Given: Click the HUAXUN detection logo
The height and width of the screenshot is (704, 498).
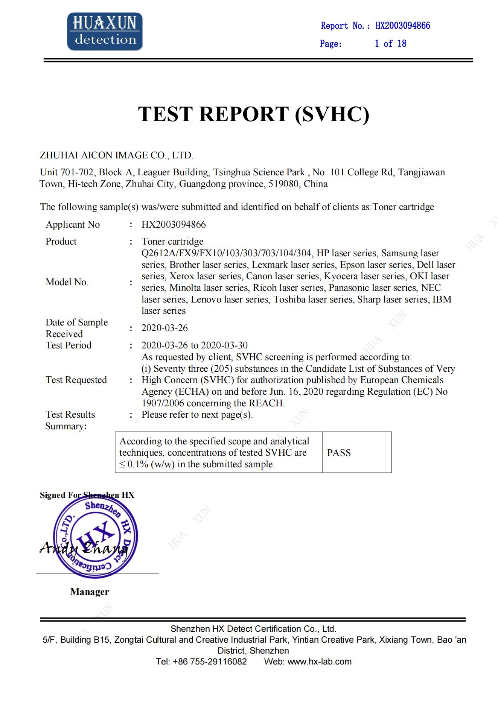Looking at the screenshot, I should click(x=105, y=32).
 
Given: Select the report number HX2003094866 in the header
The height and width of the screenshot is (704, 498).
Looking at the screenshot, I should click(x=402, y=26).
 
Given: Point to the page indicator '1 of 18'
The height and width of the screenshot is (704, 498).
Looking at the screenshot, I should click(x=390, y=44).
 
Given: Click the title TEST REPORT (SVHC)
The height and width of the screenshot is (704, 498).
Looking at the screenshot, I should click(x=254, y=114).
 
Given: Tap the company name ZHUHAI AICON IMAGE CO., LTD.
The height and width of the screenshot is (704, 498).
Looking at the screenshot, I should click(x=117, y=155).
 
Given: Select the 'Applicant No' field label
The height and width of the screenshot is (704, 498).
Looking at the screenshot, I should click(x=73, y=225).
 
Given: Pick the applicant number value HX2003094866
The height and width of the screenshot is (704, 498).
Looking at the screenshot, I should click(x=174, y=225).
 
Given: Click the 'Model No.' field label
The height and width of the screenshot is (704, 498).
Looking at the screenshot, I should click(x=67, y=282).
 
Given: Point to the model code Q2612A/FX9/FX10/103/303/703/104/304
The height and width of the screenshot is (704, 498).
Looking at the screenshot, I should click(x=226, y=253).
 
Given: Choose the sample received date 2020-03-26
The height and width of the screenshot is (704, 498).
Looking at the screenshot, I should click(x=164, y=328).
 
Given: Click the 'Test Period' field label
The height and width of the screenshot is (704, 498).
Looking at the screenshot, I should click(x=69, y=345).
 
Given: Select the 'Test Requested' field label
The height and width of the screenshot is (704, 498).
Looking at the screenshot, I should click(x=76, y=380).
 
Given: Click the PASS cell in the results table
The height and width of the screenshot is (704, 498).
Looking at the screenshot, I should click(x=339, y=453).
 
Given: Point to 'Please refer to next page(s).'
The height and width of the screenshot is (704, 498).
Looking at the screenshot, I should click(x=197, y=415).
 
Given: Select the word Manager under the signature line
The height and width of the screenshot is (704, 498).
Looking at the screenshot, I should click(x=90, y=592).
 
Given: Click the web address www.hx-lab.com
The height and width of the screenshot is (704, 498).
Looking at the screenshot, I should click(x=319, y=661).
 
